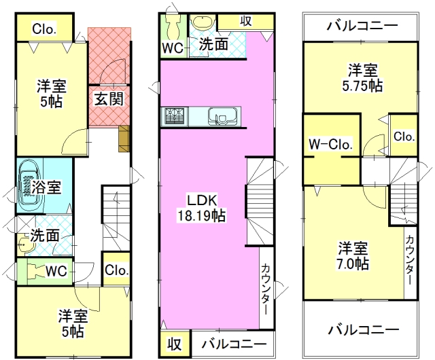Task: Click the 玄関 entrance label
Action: click(109, 98)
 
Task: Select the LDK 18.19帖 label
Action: click(202, 207)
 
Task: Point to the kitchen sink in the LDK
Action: click(223, 116)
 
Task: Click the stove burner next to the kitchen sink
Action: click(175, 116)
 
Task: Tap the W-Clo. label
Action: click(331, 144)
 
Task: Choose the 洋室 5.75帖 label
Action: click(362, 77)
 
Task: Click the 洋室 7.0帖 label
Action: click(353, 255)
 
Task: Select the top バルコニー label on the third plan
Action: click(362, 26)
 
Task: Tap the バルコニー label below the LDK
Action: click(234, 344)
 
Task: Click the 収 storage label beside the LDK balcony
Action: click(175, 344)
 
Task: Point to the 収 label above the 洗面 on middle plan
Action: click(246, 21)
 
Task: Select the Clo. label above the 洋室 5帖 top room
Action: click(44, 29)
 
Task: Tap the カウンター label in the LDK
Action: click(265, 289)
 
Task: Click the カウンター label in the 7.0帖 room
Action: click(411, 260)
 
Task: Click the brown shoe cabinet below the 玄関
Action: click(124, 139)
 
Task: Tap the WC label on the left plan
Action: click(56, 271)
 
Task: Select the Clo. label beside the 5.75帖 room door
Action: click(404, 136)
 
